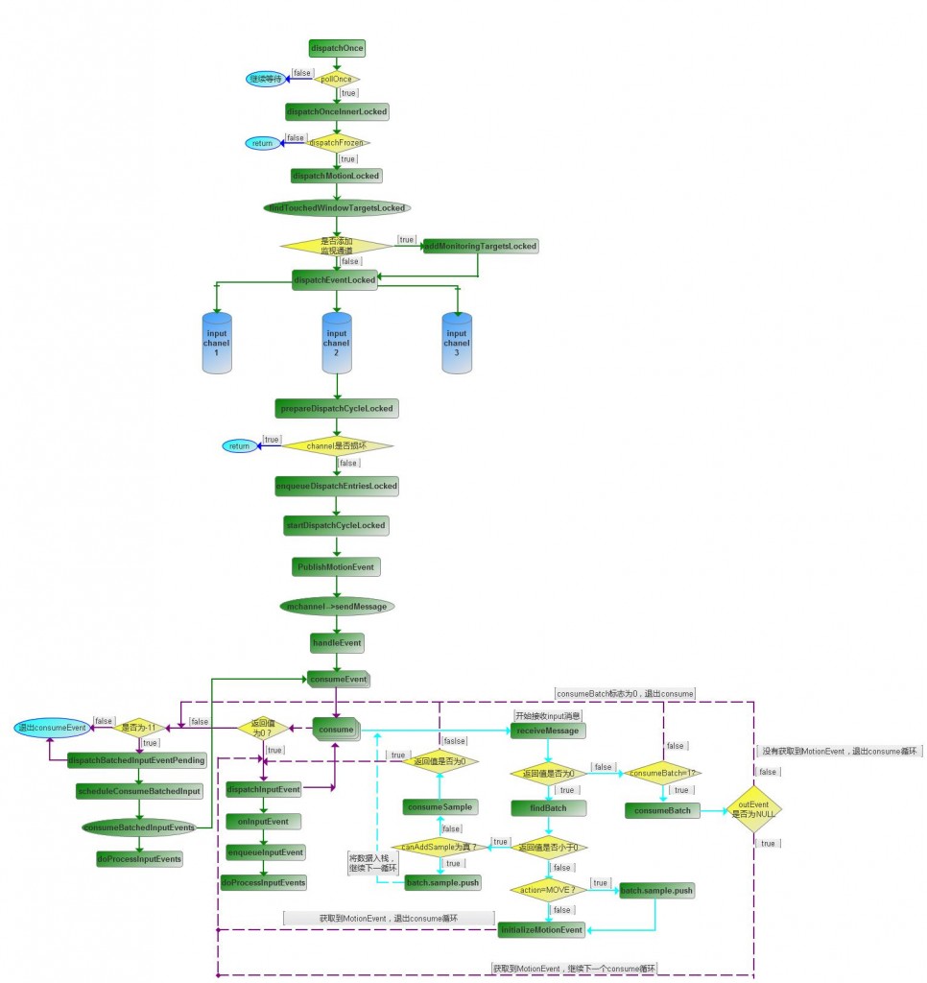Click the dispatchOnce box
(337, 47)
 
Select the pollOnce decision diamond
(337, 79)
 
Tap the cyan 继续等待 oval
(265, 79)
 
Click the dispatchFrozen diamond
(337, 143)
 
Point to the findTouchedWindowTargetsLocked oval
(337, 207)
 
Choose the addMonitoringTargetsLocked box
(481, 246)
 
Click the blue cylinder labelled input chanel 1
(217, 343)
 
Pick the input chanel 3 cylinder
(457, 343)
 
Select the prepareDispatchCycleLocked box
(337, 408)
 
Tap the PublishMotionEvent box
(337, 566)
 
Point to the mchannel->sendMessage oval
(337, 607)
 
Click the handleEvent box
(337, 640)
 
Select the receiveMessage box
(548, 731)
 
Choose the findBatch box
(548, 807)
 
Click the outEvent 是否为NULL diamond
(755, 807)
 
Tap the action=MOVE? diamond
(548, 888)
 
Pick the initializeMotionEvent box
(541, 929)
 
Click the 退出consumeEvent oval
(54, 728)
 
